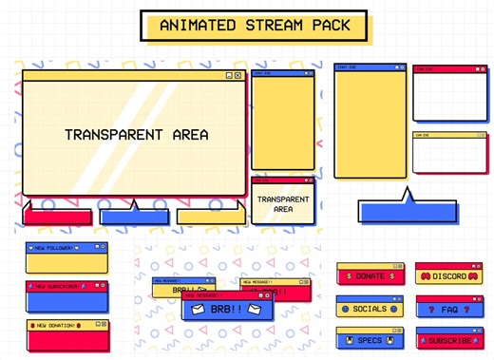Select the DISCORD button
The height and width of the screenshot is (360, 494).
click(x=444, y=276)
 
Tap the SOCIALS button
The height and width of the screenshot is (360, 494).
click(x=366, y=309)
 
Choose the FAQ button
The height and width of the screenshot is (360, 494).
click(x=444, y=309)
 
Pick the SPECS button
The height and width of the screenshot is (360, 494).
click(x=366, y=339)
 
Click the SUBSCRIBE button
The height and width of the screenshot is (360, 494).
click(x=444, y=340)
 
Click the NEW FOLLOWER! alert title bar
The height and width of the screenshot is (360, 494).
click(x=66, y=247)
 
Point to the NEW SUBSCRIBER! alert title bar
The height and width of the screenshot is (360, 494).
click(x=66, y=285)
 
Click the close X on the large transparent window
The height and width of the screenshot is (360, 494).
click(x=237, y=75)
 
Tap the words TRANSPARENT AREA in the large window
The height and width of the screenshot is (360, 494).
click(x=136, y=135)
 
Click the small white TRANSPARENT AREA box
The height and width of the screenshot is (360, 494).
click(x=282, y=204)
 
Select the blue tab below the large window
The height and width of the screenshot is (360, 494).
click(x=133, y=216)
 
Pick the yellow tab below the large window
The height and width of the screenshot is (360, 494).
click(x=210, y=216)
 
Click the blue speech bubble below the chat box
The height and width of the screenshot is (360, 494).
click(x=406, y=210)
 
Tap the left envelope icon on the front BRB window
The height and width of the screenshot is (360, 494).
click(x=197, y=310)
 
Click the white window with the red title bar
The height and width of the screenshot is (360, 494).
click(x=448, y=95)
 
